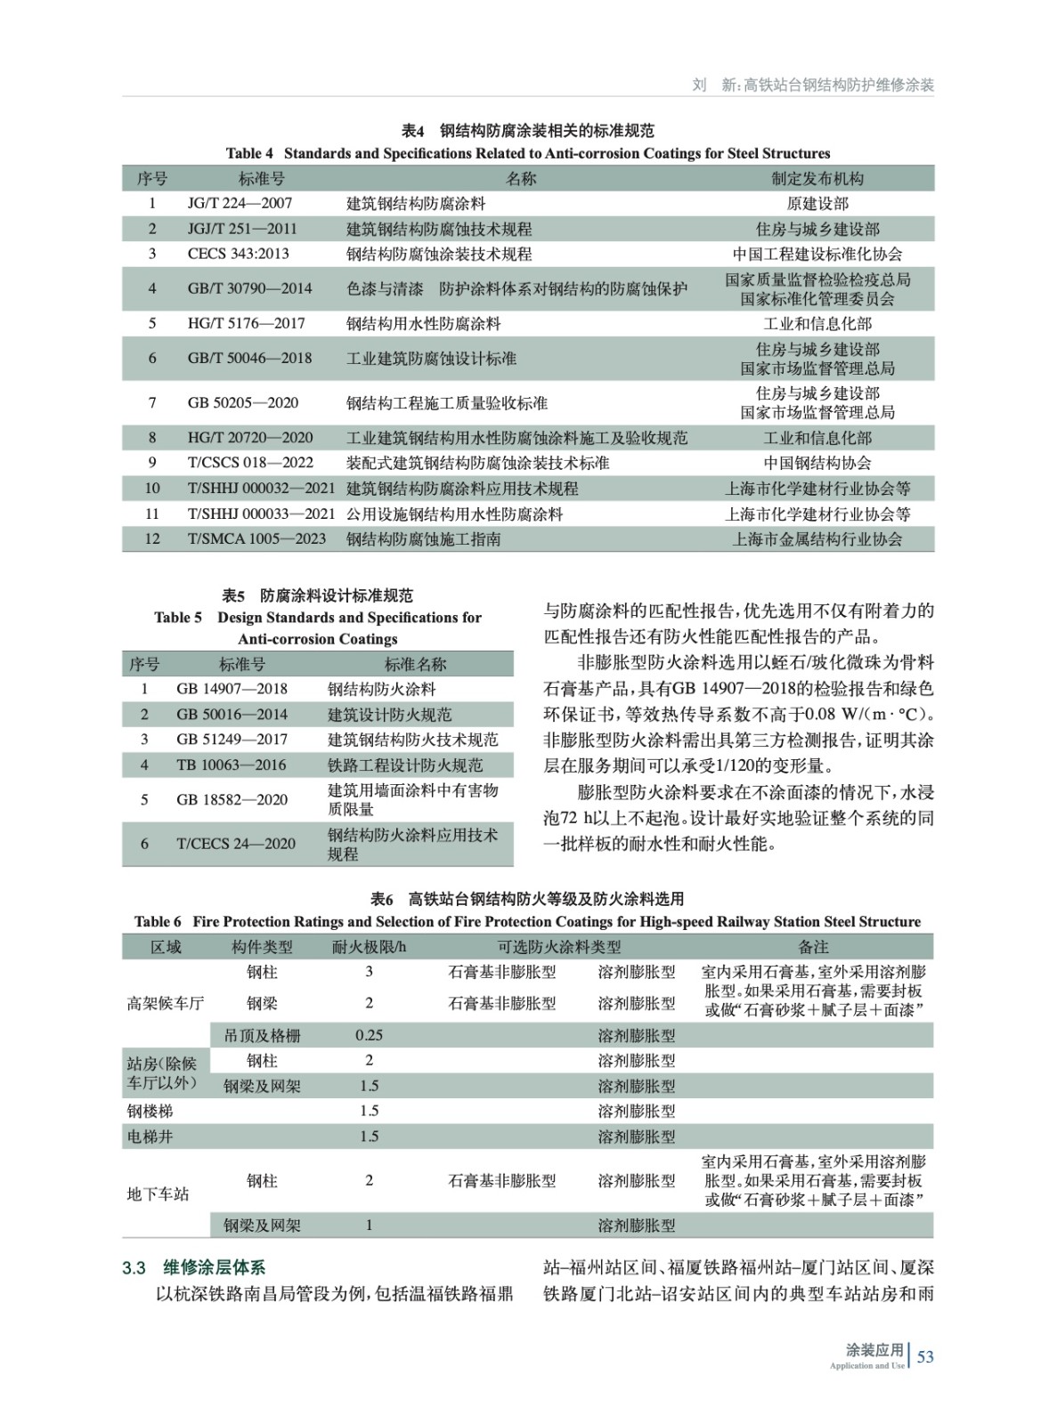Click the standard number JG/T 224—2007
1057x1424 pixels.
240,203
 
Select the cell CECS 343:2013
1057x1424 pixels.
238,254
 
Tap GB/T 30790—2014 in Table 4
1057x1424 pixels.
249,288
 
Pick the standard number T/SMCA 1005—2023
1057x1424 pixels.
256,539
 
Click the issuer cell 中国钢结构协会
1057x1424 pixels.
817,463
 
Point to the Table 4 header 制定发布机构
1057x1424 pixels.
817,179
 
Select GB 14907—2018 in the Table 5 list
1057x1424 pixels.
232,689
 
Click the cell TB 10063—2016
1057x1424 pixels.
231,765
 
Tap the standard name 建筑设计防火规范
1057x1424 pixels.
389,715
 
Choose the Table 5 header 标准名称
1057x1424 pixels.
415,665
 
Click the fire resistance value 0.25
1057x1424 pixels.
369,1035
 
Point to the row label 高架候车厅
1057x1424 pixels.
166,1004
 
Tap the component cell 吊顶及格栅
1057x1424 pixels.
262,1036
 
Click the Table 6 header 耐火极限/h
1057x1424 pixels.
369,947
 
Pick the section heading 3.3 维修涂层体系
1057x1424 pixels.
194,1267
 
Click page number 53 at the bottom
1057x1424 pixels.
925,1356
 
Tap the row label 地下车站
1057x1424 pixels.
158,1193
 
